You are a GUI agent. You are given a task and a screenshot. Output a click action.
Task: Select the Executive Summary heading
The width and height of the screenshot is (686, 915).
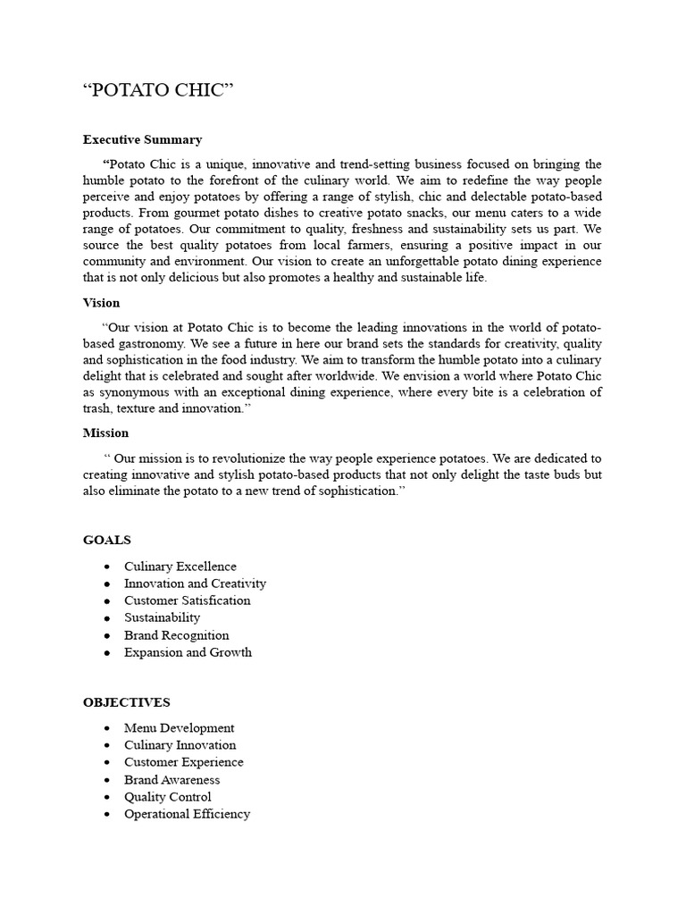point(142,139)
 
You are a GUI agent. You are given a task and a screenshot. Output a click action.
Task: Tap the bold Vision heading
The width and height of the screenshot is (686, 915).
point(101,303)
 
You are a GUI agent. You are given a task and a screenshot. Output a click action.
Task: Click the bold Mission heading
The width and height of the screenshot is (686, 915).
point(105,432)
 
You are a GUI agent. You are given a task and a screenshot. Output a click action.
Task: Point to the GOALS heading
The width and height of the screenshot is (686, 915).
point(106,540)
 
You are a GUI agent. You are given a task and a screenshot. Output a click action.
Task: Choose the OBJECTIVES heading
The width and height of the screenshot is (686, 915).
point(126,702)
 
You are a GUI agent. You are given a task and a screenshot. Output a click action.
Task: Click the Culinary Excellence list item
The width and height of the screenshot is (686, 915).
point(180,567)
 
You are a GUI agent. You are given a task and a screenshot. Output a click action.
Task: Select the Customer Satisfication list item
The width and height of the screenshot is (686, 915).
point(188,600)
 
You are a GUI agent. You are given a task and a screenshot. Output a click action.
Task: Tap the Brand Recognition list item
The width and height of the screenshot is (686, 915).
point(176,635)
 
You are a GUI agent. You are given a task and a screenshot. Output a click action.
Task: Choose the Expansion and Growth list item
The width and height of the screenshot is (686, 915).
point(188,652)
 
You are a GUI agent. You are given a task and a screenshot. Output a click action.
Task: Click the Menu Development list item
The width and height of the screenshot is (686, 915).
point(179,728)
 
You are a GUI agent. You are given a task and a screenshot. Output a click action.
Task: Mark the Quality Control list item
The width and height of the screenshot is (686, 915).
point(168,797)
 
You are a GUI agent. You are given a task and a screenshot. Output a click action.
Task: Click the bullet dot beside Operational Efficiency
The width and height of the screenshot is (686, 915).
point(107,815)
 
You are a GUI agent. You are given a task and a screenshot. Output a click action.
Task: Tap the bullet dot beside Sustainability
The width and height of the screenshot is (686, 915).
point(107,618)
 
